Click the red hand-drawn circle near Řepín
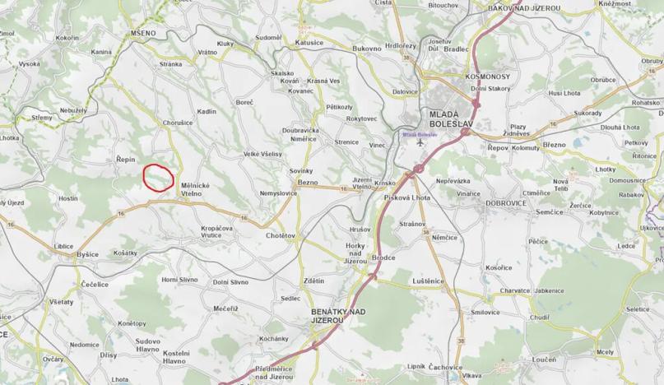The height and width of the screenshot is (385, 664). pyautogui.click(x=158, y=178)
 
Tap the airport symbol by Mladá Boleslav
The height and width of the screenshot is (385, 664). pyautogui.click(x=421, y=141)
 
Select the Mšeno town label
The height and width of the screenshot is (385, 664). pyautogui.click(x=144, y=34)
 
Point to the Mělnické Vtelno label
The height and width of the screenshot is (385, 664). pyautogui.click(x=195, y=190)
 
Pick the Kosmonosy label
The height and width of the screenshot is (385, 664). pyautogui.click(x=487, y=76)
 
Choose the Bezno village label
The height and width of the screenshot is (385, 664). pyautogui.click(x=308, y=181)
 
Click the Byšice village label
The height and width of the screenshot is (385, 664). pyautogui.click(x=87, y=255)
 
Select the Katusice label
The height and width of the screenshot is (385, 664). pyautogui.click(x=309, y=41)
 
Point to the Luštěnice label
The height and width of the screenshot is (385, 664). pyautogui.click(x=428, y=281)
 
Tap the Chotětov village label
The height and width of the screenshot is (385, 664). pyautogui.click(x=281, y=235)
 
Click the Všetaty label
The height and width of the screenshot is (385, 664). pyautogui.click(x=61, y=302)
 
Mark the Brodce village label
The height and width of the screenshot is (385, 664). pyautogui.click(x=383, y=257)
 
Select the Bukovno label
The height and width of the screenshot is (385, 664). pyautogui.click(x=367, y=49)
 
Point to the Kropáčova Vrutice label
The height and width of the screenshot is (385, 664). pyautogui.click(x=216, y=232)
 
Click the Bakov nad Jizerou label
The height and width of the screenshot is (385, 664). pyautogui.click(x=524, y=8)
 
